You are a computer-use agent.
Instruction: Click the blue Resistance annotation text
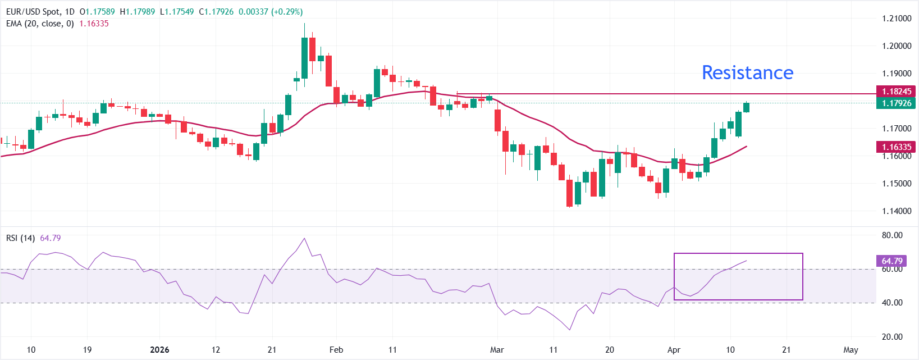tap(747, 72)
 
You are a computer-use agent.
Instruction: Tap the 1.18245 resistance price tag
tap(896, 91)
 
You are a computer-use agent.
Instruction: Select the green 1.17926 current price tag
tap(896, 103)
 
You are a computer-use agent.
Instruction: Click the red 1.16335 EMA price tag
tap(896, 147)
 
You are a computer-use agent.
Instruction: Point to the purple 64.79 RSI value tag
tap(891, 261)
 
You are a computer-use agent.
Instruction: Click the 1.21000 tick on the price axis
tap(897, 19)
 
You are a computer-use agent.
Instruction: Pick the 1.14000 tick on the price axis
tap(897, 211)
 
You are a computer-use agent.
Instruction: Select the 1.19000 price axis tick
tap(897, 74)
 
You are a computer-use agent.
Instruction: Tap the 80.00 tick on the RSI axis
tap(892, 235)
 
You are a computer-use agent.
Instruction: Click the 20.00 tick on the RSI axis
tap(892, 337)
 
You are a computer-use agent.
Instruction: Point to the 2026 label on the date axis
tap(159, 350)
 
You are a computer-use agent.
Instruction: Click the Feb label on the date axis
tap(336, 350)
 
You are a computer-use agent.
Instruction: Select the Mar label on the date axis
tap(497, 350)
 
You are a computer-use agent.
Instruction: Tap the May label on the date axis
tap(851, 350)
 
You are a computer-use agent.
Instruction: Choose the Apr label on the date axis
tap(674, 350)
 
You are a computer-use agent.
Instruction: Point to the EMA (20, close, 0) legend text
tap(40, 24)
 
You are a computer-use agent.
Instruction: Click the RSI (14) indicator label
tap(20, 238)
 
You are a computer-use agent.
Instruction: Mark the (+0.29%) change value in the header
tap(287, 12)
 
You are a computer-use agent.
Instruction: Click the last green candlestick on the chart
tap(747, 107)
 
